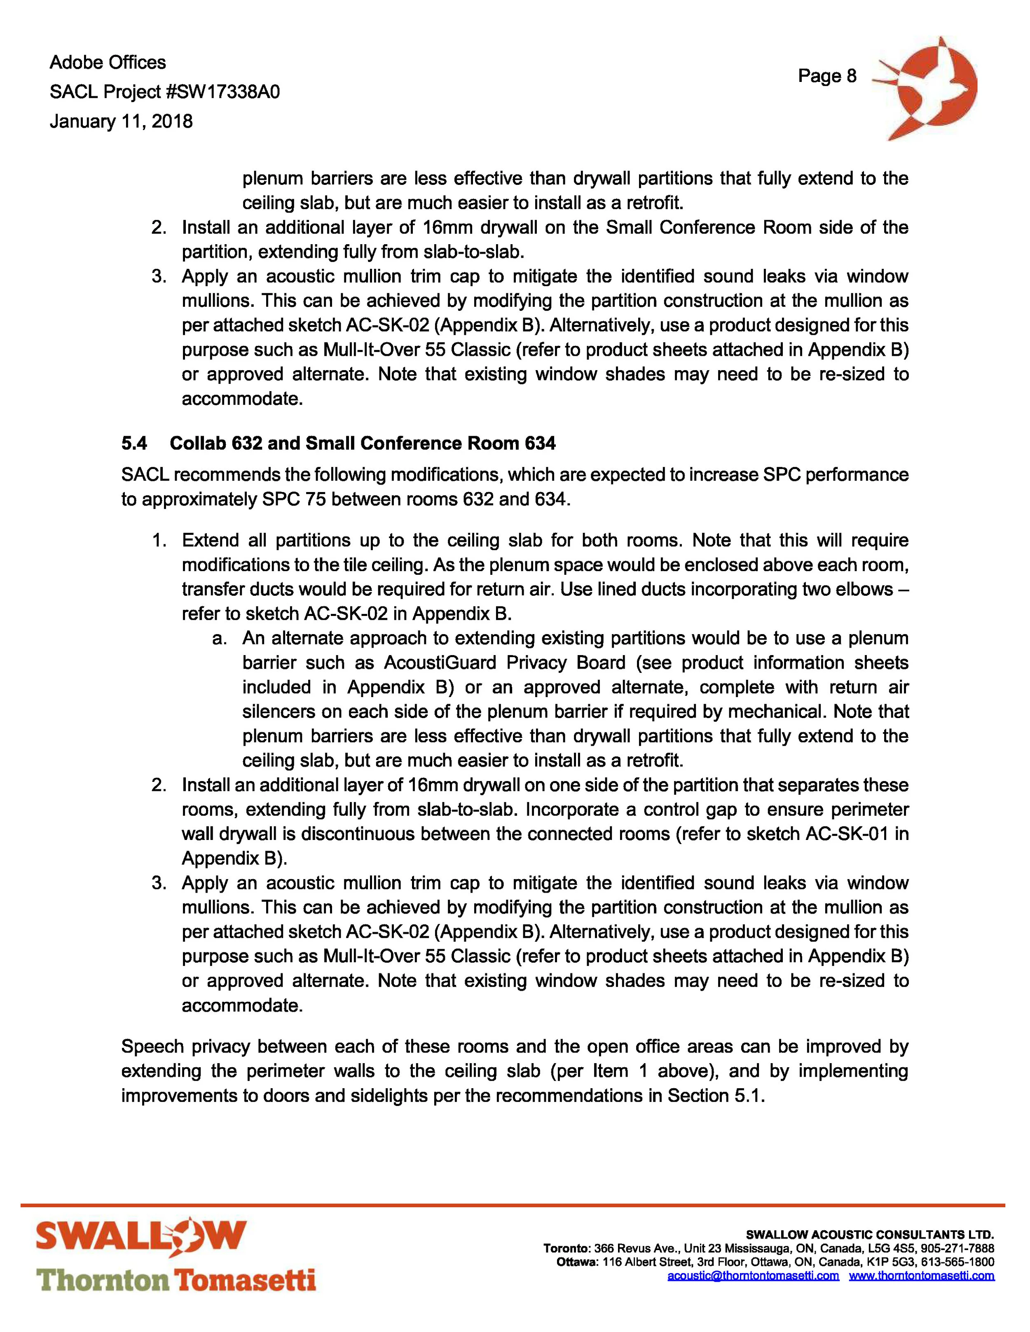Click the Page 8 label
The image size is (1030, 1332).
[x=827, y=76]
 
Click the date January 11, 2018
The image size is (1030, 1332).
[x=121, y=121]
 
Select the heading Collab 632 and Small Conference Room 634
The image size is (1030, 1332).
[x=363, y=443]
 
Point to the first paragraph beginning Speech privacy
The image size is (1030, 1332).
[x=515, y=1072]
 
